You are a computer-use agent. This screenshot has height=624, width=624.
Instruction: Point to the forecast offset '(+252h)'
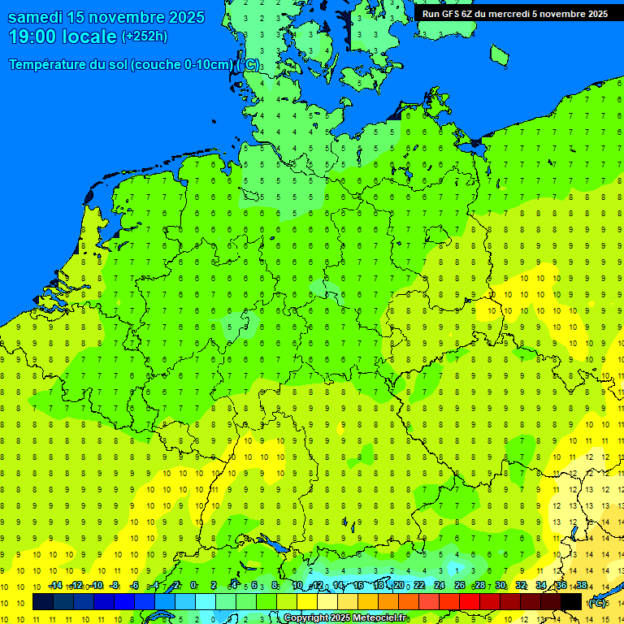(145, 37)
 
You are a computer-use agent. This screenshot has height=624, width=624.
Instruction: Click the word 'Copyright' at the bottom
(305, 618)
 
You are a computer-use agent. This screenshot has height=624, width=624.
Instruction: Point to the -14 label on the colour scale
(55, 586)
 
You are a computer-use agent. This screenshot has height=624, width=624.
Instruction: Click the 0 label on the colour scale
(193, 586)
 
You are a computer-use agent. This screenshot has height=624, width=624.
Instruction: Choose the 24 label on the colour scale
(440, 586)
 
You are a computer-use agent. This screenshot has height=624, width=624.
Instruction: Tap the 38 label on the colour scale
(581, 586)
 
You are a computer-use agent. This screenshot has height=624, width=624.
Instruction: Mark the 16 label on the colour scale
(358, 586)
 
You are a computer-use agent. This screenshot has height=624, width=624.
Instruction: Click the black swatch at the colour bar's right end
(571, 601)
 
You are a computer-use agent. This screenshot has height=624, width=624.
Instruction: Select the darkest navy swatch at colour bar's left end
(42, 601)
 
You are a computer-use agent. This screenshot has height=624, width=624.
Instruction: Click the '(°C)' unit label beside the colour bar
(597, 602)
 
